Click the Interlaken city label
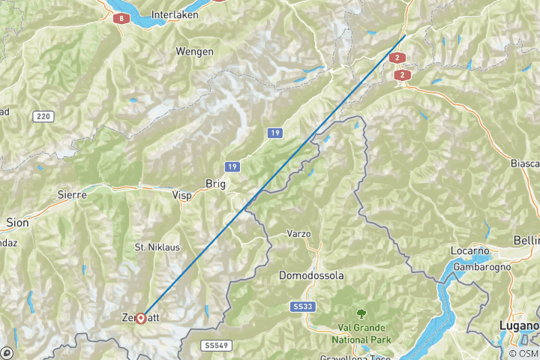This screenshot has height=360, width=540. point(173,14)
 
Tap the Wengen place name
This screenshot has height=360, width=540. point(194,51)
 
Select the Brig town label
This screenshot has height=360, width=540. point(215,183)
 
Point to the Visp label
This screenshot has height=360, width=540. point(182,195)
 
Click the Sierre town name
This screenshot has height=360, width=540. point(73,194)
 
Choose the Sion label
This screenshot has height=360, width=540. point(16,222)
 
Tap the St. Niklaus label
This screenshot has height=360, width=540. point(157,247)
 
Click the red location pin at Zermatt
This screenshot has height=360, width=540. point(140,318)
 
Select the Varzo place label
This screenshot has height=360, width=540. point(298,234)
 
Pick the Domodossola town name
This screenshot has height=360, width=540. point(311,276)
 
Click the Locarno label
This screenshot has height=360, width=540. point(470,250)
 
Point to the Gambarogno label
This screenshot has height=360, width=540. point(481,266)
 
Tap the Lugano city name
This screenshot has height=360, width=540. point(520,326)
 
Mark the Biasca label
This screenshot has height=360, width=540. point(524,163)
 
